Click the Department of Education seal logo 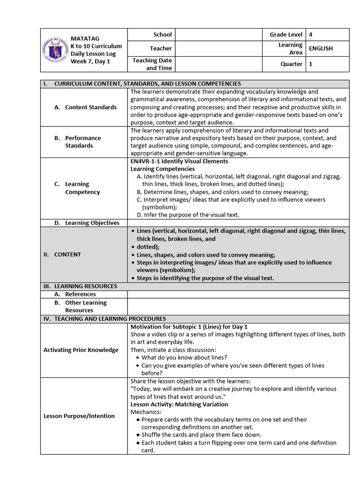tap(55, 50)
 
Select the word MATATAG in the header tap(85, 38)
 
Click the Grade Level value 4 tap(311, 34)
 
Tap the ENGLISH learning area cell tap(321, 48)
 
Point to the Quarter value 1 tap(311, 64)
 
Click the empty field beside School tap(219, 34)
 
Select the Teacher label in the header tap(161, 48)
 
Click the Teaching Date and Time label tap(152, 64)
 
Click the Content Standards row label tap(90, 107)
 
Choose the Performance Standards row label tap(83, 142)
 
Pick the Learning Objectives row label tap(92, 223)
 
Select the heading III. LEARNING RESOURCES tap(80, 286)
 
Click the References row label tap(80, 294)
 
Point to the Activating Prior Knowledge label tap(81, 350)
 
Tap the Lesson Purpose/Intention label tap(79, 416)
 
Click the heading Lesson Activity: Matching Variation tap(179, 404)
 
